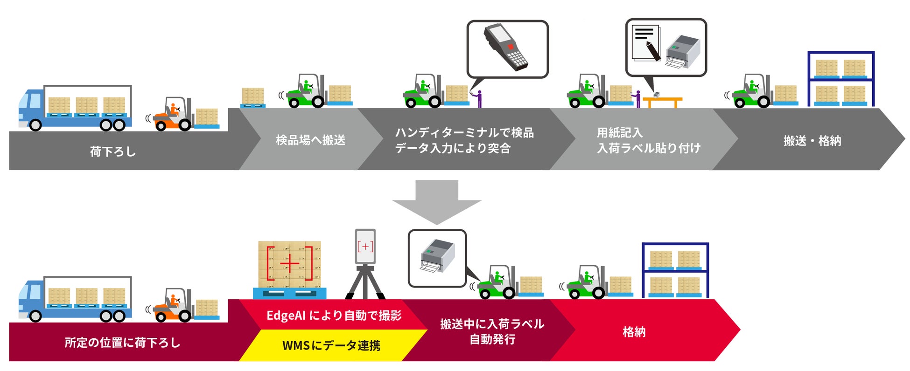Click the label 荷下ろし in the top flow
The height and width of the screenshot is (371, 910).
[113, 151]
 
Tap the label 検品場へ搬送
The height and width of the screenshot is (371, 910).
[310, 140]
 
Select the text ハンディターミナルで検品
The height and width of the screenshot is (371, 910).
[464, 133]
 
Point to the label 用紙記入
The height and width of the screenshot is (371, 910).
[620, 133]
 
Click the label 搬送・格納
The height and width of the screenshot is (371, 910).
[812, 141]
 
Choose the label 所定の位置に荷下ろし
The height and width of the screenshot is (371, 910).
[122, 343]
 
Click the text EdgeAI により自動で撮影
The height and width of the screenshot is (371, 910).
[334, 316]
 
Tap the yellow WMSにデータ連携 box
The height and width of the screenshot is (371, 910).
[331, 345]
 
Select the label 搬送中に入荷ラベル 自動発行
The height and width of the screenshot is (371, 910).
[492, 331]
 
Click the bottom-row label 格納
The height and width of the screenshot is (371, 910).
[634, 332]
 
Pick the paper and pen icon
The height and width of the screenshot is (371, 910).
[647, 42]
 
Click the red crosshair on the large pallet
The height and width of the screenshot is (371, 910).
[289, 264]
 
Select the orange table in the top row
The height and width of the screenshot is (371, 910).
[663, 100]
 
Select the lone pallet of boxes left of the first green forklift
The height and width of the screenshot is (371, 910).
[253, 97]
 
